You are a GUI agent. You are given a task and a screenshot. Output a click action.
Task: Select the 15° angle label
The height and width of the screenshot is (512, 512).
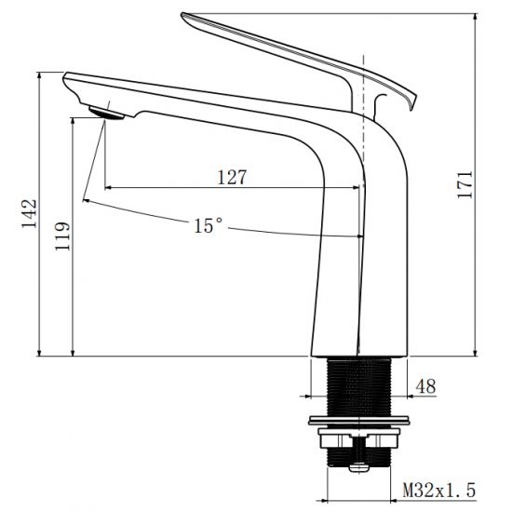pos(209,225)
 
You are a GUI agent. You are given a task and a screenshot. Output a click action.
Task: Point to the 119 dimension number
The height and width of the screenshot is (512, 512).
pos(62,238)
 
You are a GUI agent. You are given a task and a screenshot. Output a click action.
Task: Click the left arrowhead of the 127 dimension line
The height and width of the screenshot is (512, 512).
pos(109,187)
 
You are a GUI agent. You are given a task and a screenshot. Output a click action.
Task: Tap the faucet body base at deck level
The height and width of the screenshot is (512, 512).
pos(358,349)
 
